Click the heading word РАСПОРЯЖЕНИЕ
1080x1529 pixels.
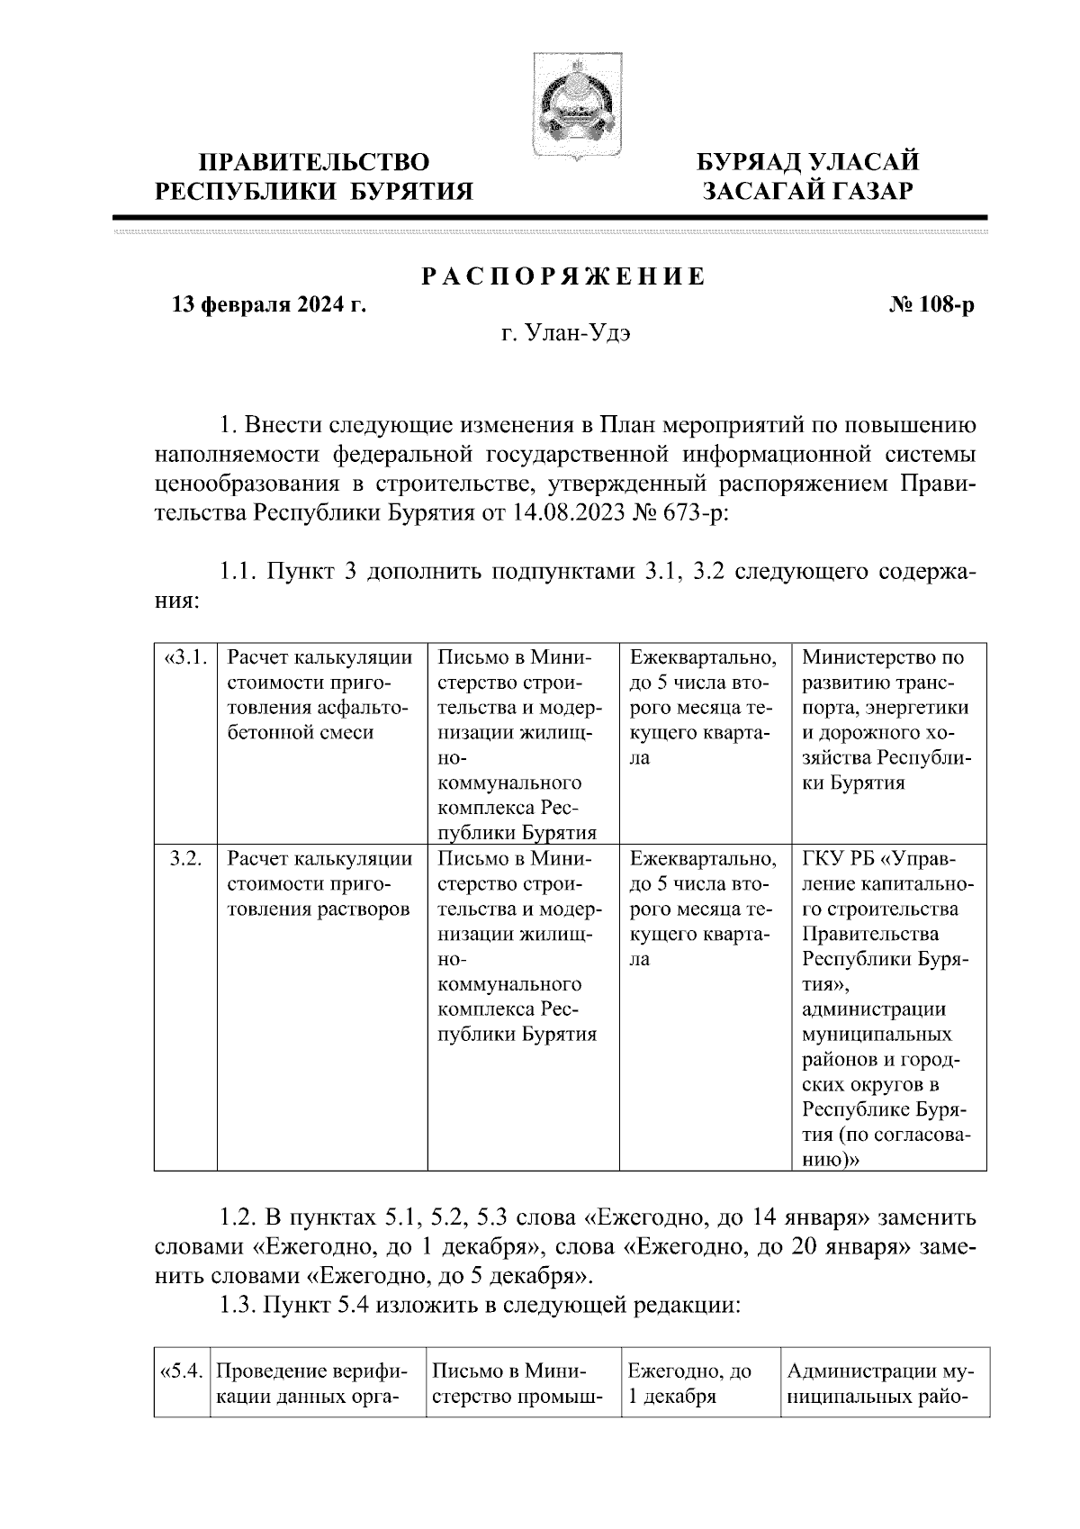[565, 277]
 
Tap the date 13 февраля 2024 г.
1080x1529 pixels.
[269, 306]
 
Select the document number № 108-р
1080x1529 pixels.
[931, 306]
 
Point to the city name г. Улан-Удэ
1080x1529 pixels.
[566, 334]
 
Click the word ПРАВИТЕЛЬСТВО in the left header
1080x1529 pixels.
[314, 163]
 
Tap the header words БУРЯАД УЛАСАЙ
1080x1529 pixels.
[809, 163]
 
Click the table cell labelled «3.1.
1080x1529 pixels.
[185, 658]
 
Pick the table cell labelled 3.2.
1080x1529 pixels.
[185, 858]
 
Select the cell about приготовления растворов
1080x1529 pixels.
[321, 883]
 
